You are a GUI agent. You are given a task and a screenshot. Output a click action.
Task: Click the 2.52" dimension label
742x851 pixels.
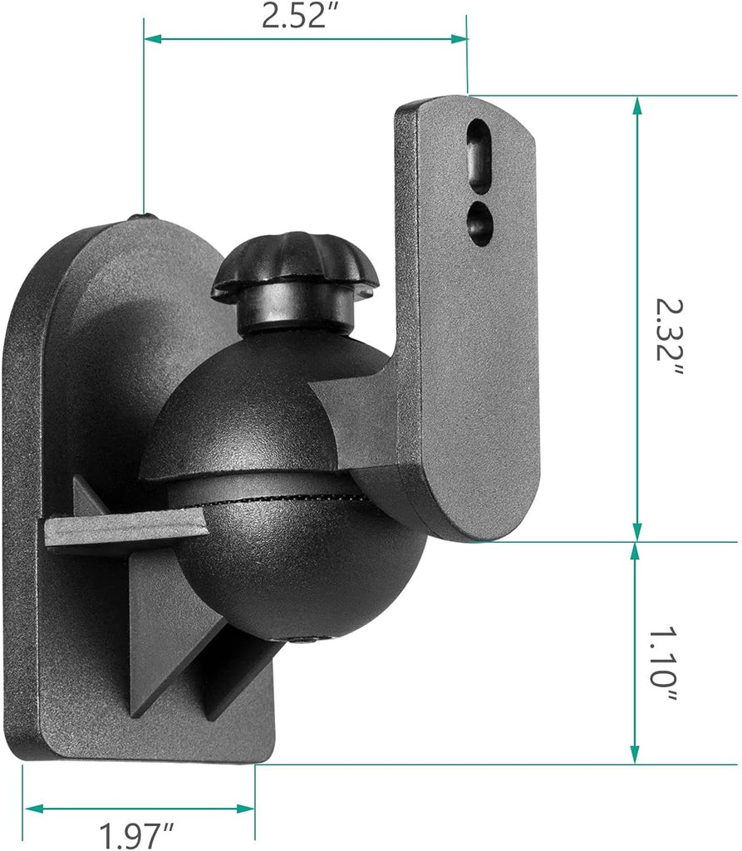(304, 17)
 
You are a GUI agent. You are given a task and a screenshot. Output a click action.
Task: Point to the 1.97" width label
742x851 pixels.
(138, 834)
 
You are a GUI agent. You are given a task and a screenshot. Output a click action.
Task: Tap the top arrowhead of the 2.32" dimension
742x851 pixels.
(637, 105)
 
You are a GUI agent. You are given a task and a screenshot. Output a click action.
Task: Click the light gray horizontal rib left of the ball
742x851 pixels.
(125, 529)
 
